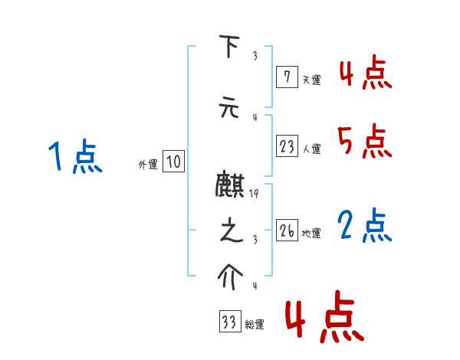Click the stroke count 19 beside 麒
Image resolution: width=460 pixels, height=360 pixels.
(255, 195)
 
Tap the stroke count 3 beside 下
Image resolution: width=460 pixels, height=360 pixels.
(255, 55)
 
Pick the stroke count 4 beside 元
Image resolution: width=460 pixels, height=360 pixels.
(255, 116)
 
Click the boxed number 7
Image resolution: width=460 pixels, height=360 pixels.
(287, 76)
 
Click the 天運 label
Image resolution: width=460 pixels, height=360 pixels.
(311, 79)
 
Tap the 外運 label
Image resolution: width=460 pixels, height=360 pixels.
(148, 164)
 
